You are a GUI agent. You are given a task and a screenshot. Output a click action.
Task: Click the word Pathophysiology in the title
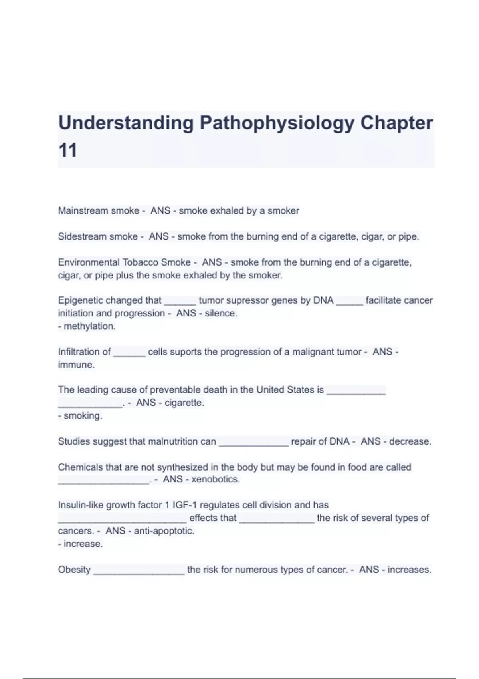[277, 123]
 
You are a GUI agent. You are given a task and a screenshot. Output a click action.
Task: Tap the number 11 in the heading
[67, 151]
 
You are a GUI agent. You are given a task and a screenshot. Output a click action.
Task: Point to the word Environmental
[89, 262]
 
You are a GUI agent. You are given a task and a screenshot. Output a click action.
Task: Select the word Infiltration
[84, 352]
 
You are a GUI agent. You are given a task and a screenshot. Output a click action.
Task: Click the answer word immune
[76, 365]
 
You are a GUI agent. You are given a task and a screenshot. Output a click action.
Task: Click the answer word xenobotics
[215, 479]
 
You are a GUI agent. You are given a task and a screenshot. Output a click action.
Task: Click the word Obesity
[74, 570]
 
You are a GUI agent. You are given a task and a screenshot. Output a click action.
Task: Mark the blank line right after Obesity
[139, 572]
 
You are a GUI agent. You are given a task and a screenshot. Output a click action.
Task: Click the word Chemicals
[77, 467]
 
